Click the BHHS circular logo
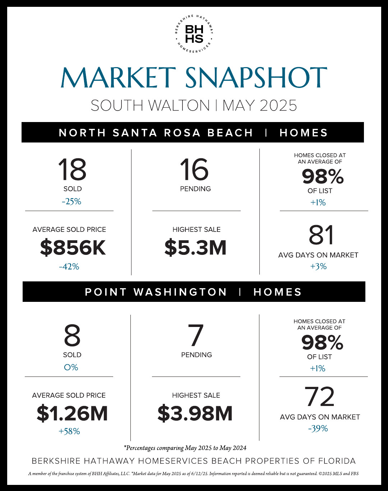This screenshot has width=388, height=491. (x=194, y=34)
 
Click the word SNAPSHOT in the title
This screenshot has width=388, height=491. (x=256, y=78)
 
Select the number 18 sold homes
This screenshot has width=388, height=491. (x=72, y=169)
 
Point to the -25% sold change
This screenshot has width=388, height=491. (x=71, y=201)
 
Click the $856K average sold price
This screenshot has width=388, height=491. (x=73, y=248)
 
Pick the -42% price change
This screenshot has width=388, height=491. (x=69, y=266)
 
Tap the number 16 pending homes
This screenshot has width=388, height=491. (x=194, y=169)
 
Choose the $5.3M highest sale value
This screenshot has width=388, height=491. (x=195, y=248)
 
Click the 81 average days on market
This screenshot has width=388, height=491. (x=321, y=235)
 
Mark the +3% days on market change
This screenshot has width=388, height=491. (x=318, y=266)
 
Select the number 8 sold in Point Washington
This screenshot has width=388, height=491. (x=72, y=336)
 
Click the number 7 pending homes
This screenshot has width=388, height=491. (x=196, y=336)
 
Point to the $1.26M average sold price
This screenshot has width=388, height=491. (x=72, y=413)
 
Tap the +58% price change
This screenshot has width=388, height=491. (x=69, y=431)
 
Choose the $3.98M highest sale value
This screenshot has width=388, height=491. (x=195, y=413)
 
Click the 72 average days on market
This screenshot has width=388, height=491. (x=319, y=397)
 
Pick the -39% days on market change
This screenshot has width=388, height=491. (x=318, y=429)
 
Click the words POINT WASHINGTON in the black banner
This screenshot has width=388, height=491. (x=156, y=292)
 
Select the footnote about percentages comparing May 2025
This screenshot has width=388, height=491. (x=185, y=448)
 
